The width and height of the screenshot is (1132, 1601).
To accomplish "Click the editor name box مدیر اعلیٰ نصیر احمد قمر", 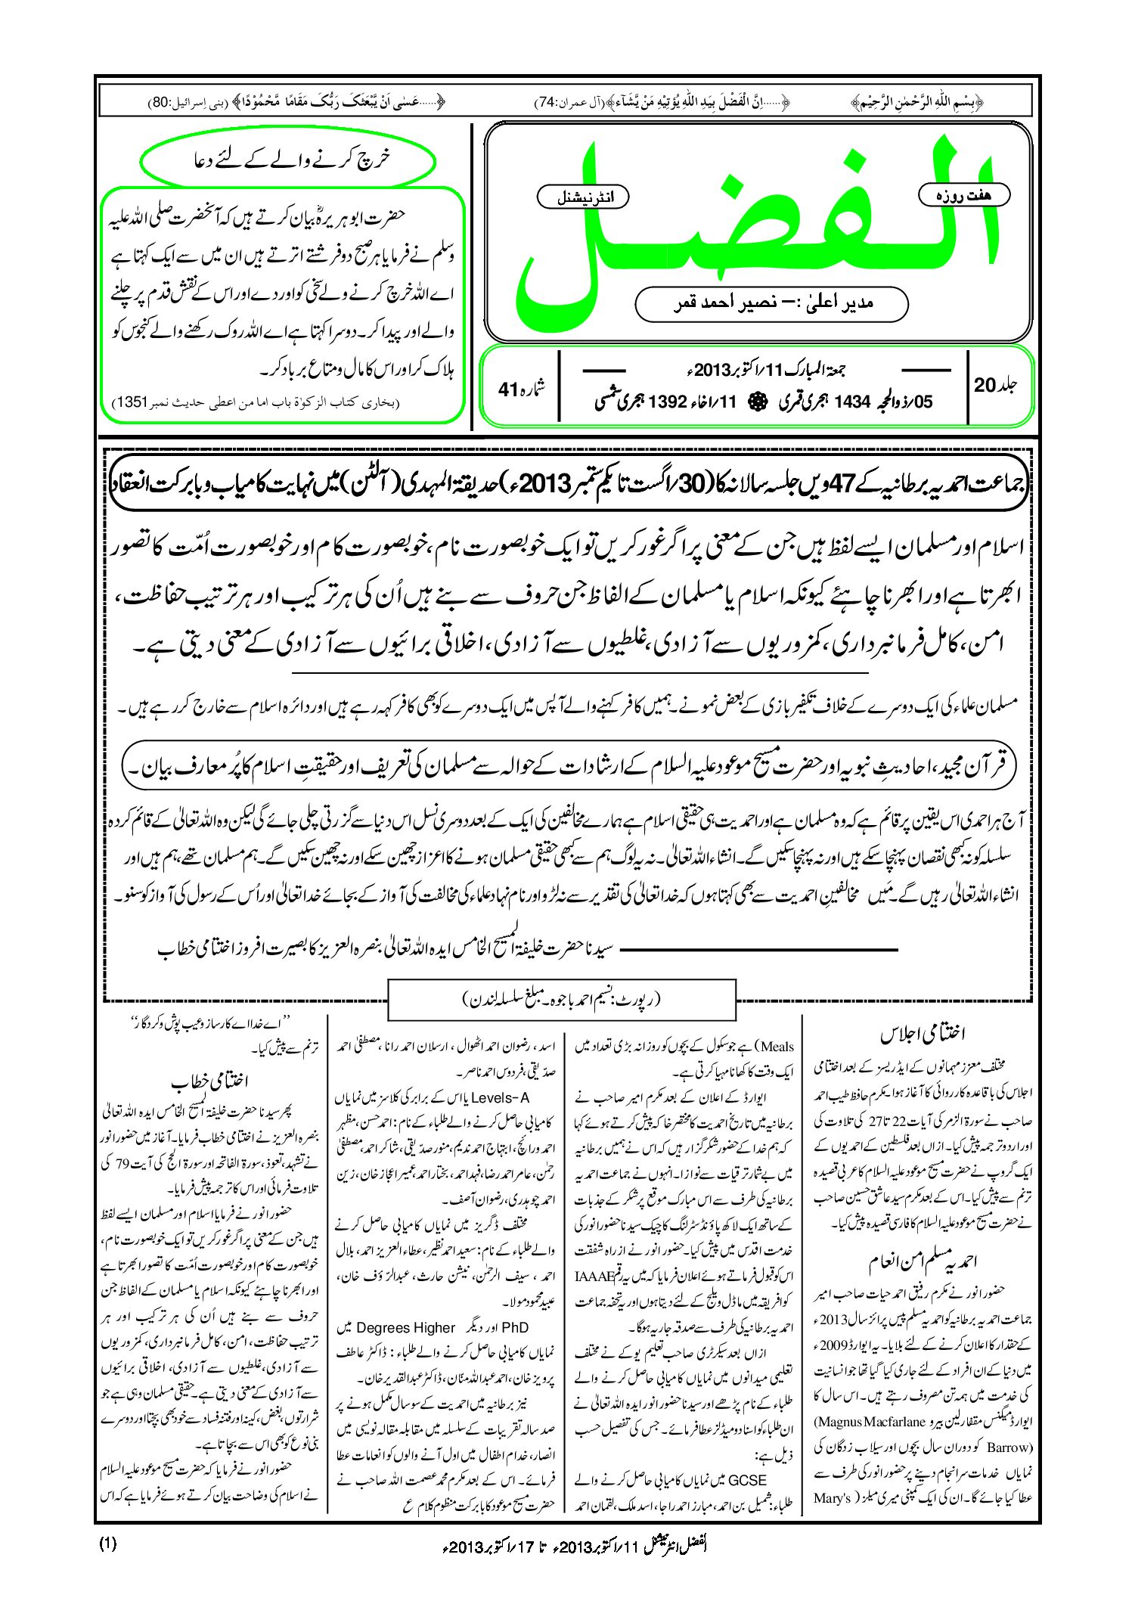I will click(771, 303).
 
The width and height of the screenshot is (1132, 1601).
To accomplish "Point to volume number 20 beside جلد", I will click(985, 385).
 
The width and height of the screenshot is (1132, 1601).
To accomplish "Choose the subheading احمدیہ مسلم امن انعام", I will click(923, 1261).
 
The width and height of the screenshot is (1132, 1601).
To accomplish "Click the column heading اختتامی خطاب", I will click(209, 1081).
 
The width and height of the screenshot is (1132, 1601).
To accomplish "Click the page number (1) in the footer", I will click(108, 1544).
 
